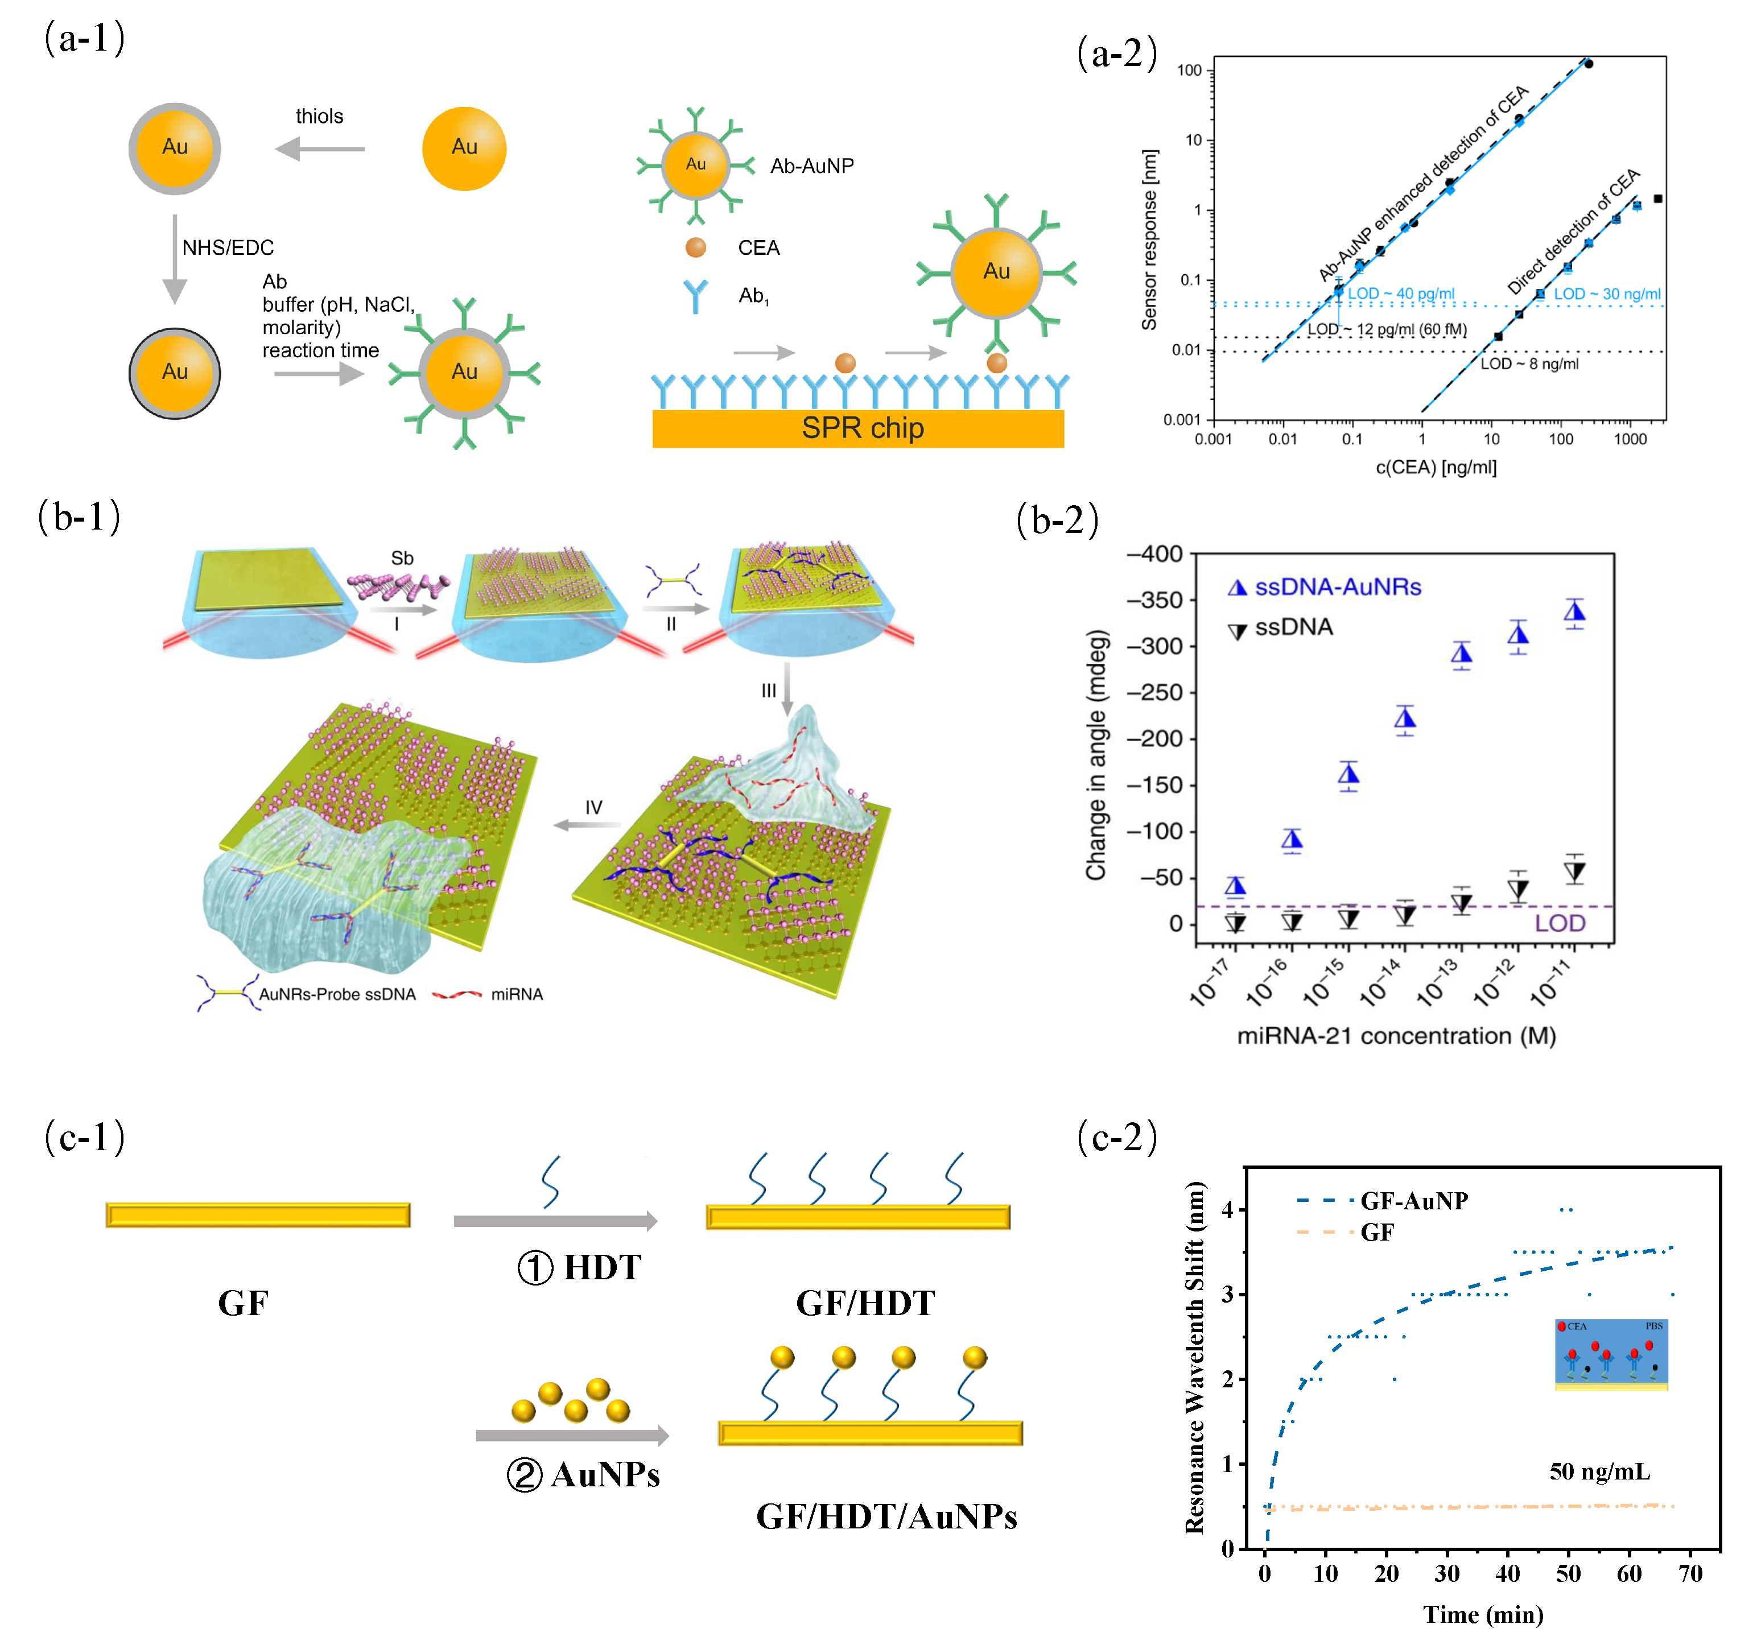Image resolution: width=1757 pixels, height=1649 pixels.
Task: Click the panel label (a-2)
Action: (1116, 54)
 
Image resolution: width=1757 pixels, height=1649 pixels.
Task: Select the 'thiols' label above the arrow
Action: (319, 117)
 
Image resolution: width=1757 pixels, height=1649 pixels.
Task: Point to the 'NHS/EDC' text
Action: (228, 247)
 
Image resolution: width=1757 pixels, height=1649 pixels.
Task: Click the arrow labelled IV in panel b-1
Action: (587, 824)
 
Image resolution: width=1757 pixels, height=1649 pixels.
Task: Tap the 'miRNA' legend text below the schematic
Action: (517, 994)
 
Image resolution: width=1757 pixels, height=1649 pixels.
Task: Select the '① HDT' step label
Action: (579, 1267)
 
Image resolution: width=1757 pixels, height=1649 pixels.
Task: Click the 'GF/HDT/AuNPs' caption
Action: (886, 1516)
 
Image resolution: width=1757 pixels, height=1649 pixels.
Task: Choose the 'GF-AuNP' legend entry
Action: (1413, 1200)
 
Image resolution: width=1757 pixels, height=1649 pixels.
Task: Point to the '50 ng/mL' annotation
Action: (1600, 1472)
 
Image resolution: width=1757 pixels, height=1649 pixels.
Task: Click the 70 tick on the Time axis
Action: (1690, 1573)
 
